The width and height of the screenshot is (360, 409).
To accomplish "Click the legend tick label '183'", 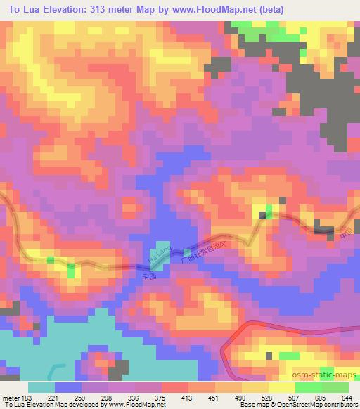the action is click(27, 396).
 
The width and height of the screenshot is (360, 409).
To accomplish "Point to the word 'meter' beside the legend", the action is click(10, 396).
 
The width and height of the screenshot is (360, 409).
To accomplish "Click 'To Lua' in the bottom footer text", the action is click(14, 405).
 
